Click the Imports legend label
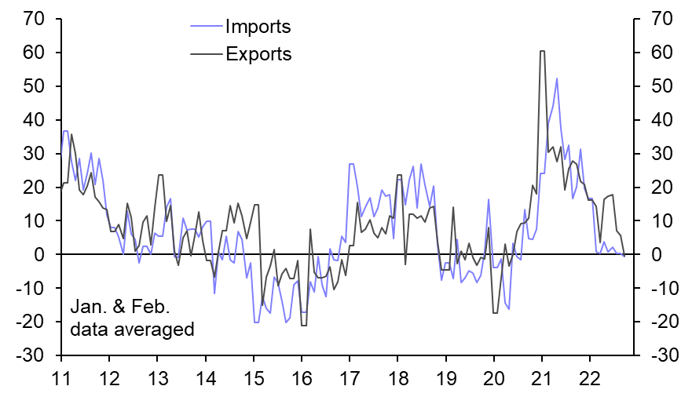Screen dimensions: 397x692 coord(258,27)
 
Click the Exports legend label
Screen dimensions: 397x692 coord(258,54)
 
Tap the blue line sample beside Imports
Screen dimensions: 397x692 coord(206,27)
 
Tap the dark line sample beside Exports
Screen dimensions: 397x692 coord(206,54)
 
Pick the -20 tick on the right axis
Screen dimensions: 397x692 coord(658,322)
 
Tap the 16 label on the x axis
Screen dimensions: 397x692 coord(302,377)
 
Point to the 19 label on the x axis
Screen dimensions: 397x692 coord(446,377)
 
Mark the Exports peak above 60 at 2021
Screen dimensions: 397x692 coord(542,52)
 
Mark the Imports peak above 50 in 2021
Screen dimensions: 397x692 coord(557,78)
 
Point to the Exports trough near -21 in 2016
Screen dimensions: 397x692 coord(303,325)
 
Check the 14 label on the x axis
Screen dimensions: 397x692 coord(205,377)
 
